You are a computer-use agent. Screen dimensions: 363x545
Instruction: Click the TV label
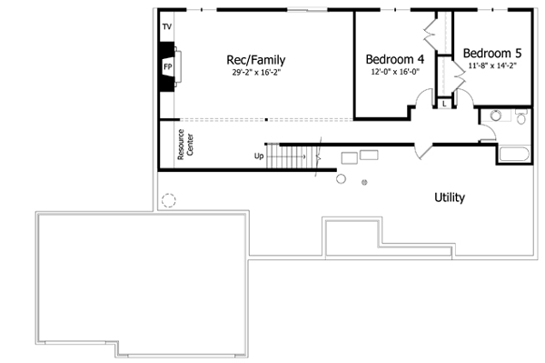pos(166,27)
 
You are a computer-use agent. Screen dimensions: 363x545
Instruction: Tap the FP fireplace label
pos(167,67)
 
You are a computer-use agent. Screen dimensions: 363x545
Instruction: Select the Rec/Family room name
pos(250,59)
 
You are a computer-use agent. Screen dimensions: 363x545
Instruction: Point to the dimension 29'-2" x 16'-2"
pos(250,73)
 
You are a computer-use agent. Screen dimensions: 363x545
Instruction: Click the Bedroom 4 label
pos(394,59)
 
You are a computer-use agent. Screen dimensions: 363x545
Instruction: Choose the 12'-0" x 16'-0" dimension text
pos(394,72)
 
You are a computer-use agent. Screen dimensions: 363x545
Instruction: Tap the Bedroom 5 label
pos(490,53)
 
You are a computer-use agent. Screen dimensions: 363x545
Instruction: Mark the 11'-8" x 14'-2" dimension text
pos(490,66)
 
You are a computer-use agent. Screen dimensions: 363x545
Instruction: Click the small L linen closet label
pos(444,104)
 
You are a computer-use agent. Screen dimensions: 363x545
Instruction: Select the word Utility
pos(450,197)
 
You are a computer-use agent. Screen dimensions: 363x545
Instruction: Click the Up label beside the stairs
pos(260,156)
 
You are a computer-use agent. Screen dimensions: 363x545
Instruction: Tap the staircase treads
pos(295,157)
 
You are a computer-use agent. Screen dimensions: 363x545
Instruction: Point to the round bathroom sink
pos(495,116)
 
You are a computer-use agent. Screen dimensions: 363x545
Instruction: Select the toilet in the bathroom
pos(520,116)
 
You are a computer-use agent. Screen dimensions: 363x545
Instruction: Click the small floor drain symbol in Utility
pos(364,183)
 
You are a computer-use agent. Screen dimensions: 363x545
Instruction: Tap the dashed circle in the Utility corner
pos(168,200)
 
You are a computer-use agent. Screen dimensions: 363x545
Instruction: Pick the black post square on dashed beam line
pos(266,119)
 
